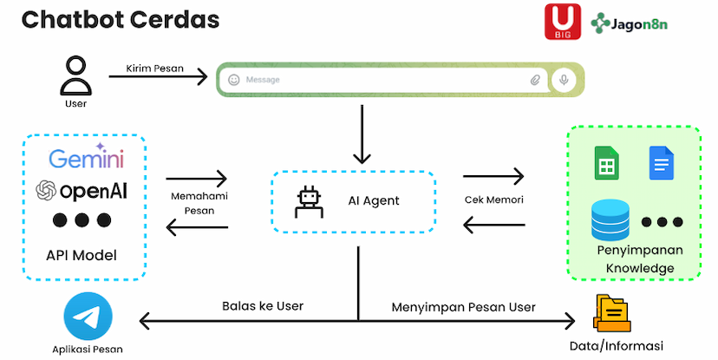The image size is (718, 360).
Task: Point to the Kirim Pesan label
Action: click(155, 68)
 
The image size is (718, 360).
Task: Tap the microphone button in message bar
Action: click(564, 80)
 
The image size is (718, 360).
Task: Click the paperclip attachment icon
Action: click(535, 80)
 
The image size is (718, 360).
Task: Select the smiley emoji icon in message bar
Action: click(233, 80)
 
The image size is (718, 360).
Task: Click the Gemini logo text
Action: click(86, 159)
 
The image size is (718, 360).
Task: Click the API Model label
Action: click(82, 255)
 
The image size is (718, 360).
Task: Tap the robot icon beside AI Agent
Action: click(309, 201)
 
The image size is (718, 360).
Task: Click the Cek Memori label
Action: click(493, 200)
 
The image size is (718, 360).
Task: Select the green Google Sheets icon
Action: click(606, 163)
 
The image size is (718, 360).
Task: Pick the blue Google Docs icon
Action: click(661, 163)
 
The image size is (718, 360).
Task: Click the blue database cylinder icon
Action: click(610, 220)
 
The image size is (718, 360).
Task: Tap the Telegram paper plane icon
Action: click(86, 317)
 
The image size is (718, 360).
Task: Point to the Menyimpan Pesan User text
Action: click(463, 306)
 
